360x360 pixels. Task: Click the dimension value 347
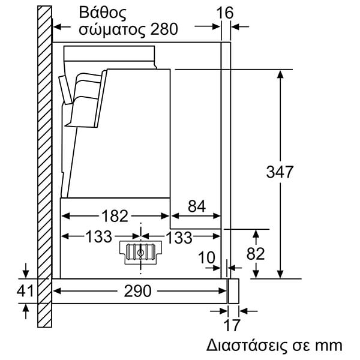coord(280,172)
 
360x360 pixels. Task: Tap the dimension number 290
coord(138,291)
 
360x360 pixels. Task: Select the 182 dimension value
coord(115,216)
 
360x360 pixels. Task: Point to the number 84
coord(197,206)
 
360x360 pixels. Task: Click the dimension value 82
coord(256,254)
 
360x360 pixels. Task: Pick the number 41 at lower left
coord(25,291)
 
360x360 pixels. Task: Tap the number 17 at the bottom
coord(232,325)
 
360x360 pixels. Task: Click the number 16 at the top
coord(225,13)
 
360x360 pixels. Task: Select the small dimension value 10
coord(206,257)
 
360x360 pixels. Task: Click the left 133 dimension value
coord(99,237)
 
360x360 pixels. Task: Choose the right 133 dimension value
coord(179,238)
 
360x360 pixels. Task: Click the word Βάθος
coord(103,13)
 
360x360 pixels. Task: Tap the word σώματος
coord(112,29)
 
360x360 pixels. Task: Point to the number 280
coord(164,29)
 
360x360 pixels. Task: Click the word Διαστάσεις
coord(247,345)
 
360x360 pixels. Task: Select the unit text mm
coord(328,346)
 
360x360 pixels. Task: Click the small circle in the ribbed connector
coord(140,253)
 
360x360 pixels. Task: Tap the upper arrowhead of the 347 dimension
coord(280,74)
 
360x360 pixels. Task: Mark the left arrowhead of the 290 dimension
coord(58,291)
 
